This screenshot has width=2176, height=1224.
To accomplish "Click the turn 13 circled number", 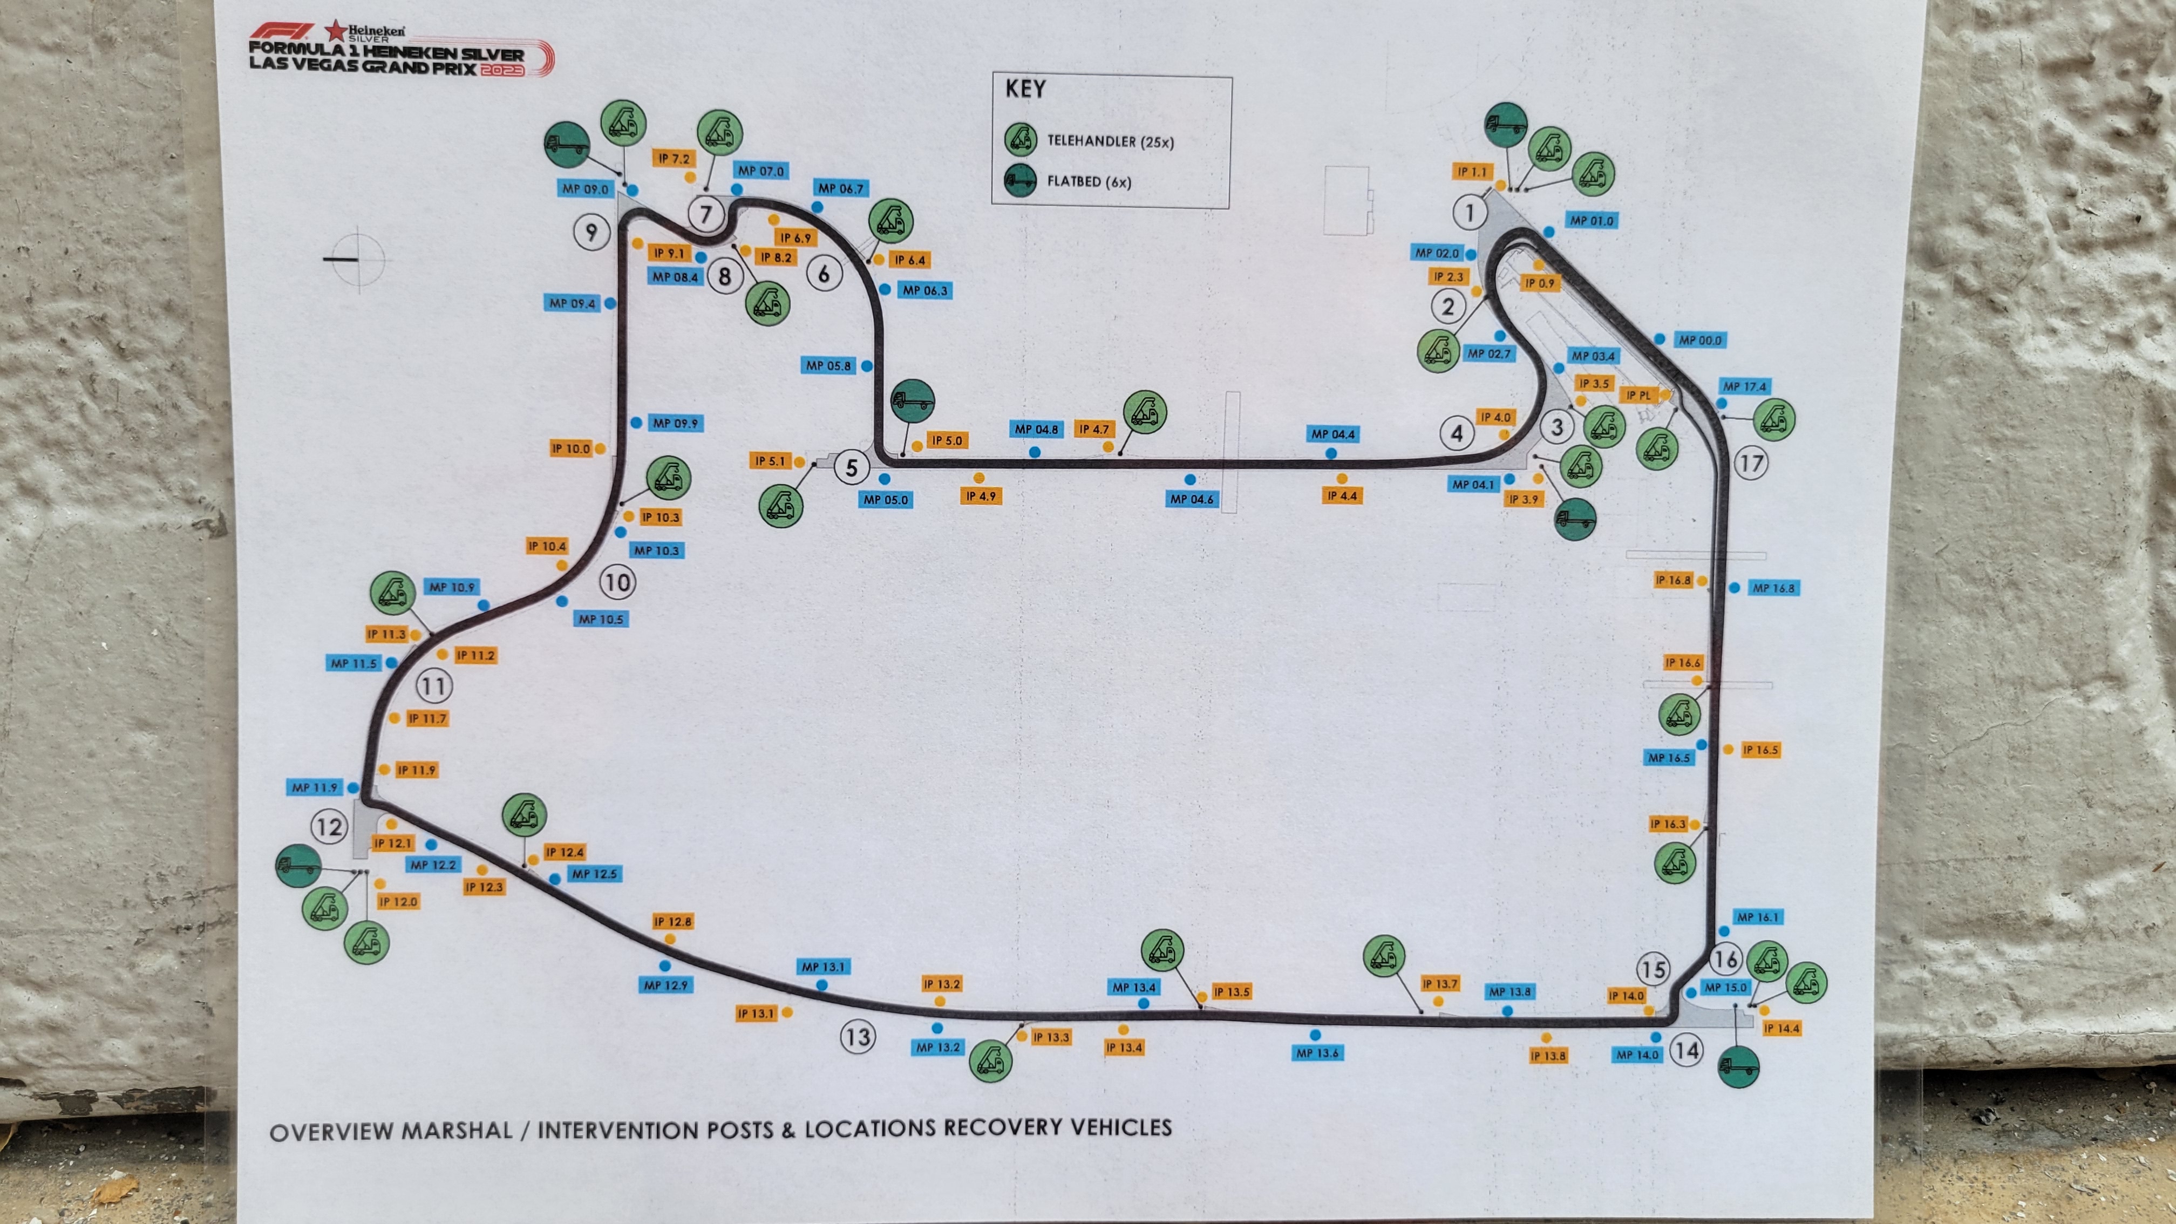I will [x=858, y=1037].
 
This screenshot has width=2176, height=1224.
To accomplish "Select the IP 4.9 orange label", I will [x=981, y=496].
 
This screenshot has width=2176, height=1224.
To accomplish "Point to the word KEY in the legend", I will [x=1025, y=89].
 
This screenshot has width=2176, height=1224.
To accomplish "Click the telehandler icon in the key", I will [x=1021, y=139].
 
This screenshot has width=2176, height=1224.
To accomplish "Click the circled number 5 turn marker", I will [x=852, y=467].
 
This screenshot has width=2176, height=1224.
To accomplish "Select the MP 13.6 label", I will [x=1317, y=1052].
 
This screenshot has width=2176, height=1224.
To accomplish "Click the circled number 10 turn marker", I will [x=617, y=582].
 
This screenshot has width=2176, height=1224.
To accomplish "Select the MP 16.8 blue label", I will [x=1773, y=588].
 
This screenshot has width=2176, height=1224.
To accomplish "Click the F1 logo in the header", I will [x=281, y=32].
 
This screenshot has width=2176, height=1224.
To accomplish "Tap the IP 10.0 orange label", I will [x=570, y=448].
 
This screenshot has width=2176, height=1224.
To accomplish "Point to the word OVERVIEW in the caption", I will [x=332, y=1132].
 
